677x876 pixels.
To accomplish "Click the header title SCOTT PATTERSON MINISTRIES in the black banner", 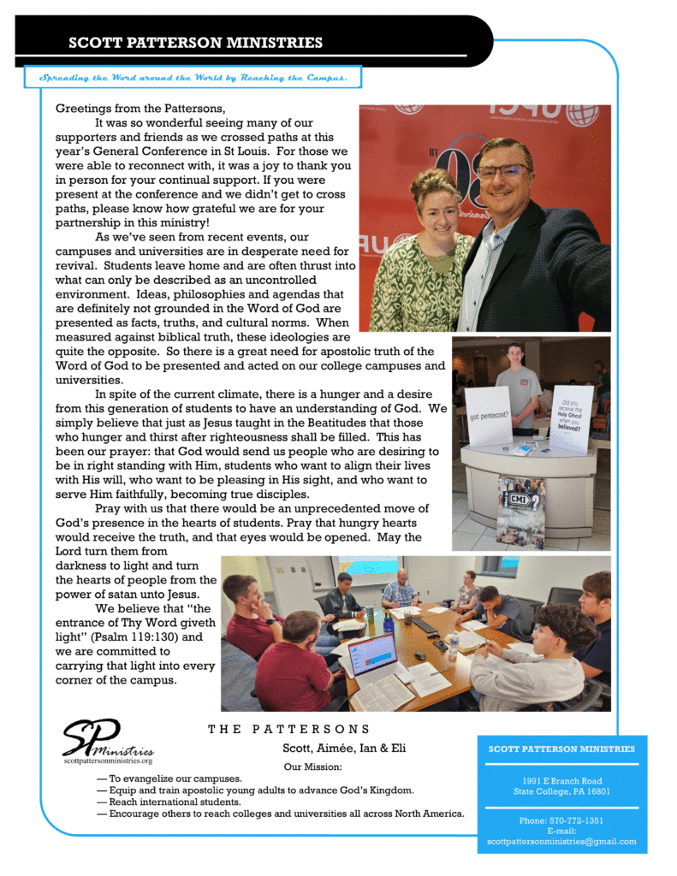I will point(196,43).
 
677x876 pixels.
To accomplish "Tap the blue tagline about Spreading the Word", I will point(193,78).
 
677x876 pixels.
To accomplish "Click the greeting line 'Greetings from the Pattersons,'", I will point(140,109).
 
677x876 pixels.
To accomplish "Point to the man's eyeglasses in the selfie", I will point(502,171).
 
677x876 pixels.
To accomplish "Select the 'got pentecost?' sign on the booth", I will point(490,417).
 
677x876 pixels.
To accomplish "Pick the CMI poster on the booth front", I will point(520,511).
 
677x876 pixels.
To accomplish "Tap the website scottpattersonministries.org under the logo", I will point(108,761).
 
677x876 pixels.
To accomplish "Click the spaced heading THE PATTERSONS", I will point(289,730).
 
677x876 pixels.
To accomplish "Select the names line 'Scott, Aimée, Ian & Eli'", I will point(344,749).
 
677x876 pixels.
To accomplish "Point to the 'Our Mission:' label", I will point(312,766).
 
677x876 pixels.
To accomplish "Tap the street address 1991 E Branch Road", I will point(562,781).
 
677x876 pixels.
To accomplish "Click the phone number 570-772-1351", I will point(561,820).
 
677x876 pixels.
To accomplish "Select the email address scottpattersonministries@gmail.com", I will point(561,841).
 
